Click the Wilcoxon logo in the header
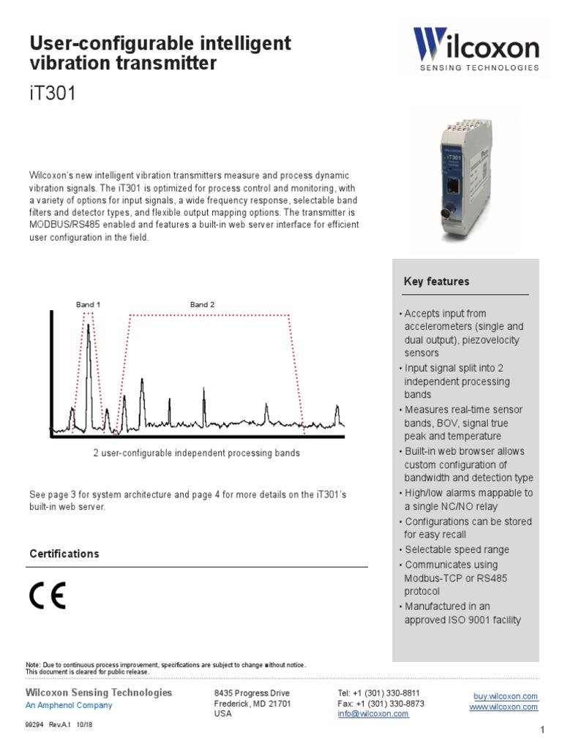(x=476, y=49)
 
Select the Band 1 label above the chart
(x=88, y=304)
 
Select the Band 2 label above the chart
(x=202, y=304)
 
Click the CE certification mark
(x=48, y=597)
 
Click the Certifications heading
(x=64, y=554)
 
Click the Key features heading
(x=436, y=282)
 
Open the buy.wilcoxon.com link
(x=505, y=696)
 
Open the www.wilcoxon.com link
(x=503, y=707)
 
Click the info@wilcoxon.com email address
(x=373, y=714)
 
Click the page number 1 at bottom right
(x=543, y=730)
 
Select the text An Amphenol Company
(x=69, y=705)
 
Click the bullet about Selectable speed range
(x=457, y=549)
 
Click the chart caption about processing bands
(x=196, y=453)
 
